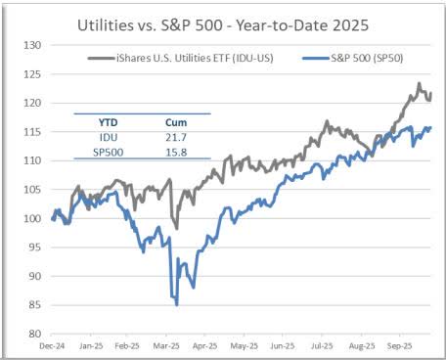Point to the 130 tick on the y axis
pyautogui.click(x=30, y=45)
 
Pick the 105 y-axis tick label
pyautogui.click(x=30, y=189)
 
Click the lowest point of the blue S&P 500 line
pyautogui.click(x=177, y=304)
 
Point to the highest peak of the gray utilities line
pyautogui.click(x=419, y=84)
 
